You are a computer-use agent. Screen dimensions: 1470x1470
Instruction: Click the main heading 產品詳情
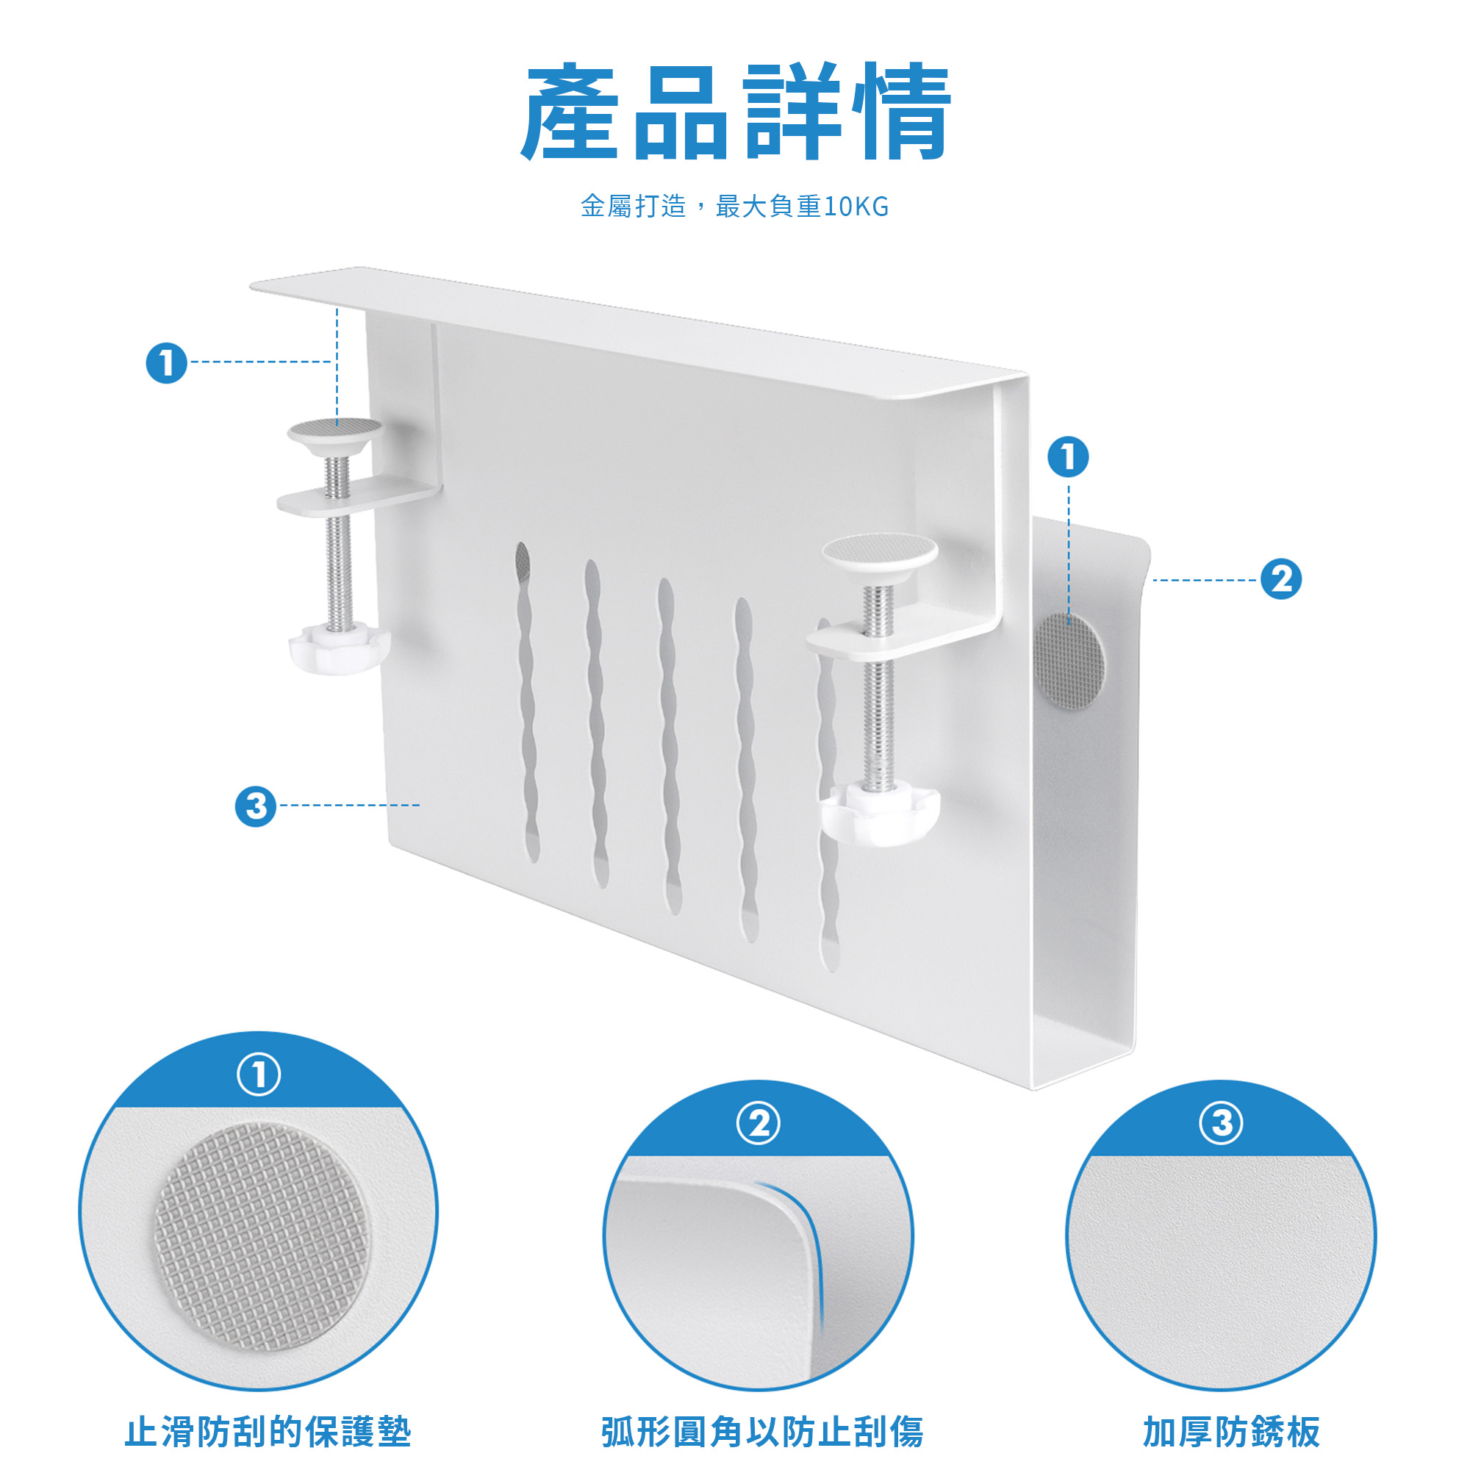(736, 112)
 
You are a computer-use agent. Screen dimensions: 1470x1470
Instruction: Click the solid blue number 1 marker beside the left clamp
(167, 363)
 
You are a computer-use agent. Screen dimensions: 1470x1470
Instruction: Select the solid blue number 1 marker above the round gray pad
(1068, 457)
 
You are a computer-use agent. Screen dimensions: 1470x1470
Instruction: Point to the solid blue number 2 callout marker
(1281, 579)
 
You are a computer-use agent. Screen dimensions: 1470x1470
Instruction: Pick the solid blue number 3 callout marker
(256, 806)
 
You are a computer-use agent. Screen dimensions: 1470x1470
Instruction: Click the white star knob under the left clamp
(339, 648)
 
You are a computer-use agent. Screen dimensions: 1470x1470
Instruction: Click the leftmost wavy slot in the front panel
(527, 702)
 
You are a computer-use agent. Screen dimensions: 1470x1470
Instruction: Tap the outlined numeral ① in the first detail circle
(259, 1074)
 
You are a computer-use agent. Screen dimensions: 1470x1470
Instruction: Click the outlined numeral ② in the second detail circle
(758, 1122)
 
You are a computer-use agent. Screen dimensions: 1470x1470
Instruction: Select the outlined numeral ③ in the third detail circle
(1221, 1122)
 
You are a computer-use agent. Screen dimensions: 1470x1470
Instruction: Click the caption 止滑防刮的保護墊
(268, 1431)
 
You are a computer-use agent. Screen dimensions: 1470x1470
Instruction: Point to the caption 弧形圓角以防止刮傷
(762, 1431)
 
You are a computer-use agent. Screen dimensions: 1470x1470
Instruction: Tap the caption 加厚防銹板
(1231, 1431)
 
